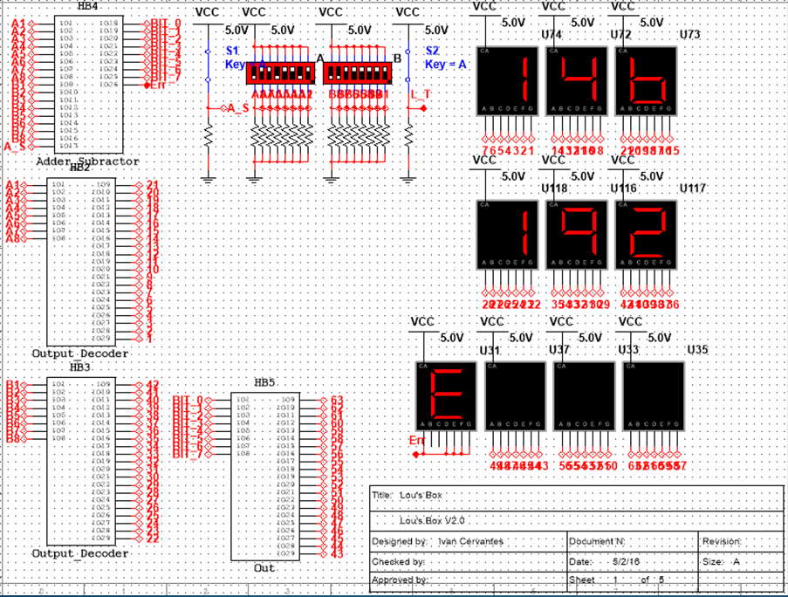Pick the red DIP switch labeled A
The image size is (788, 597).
click(x=281, y=72)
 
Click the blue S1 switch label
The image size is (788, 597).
click(x=232, y=51)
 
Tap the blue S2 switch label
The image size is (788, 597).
click(x=432, y=51)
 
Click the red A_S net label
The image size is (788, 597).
click(x=236, y=108)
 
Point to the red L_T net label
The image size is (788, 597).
click(x=420, y=94)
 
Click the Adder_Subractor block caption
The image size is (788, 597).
click(x=87, y=161)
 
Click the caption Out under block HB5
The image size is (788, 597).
click(x=264, y=568)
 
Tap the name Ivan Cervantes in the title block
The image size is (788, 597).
click(x=470, y=542)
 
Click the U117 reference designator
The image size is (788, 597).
click(x=693, y=189)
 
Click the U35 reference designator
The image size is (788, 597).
click(x=698, y=350)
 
